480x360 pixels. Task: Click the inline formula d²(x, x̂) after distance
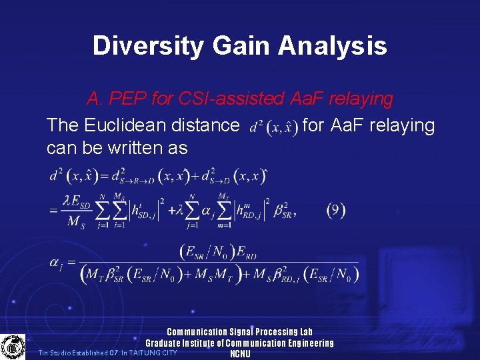click(x=273, y=126)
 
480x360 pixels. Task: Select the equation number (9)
click(x=336, y=211)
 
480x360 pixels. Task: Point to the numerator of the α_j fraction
click(x=218, y=251)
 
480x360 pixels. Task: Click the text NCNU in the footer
click(x=239, y=354)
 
